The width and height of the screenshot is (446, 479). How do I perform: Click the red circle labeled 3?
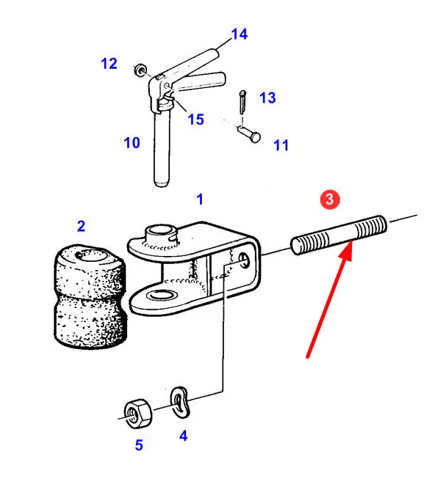(330, 200)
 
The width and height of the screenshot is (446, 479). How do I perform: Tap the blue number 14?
(240, 34)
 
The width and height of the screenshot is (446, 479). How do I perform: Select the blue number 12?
(109, 64)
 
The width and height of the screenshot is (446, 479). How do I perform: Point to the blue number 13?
(267, 98)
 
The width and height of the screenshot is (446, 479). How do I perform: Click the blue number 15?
(195, 120)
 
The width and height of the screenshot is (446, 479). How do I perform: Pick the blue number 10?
(132, 142)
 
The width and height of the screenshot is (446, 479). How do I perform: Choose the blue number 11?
(281, 145)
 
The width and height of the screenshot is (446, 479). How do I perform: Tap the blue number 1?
(200, 200)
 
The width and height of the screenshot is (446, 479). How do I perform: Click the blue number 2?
(81, 226)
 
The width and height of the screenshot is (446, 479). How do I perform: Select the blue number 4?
(183, 436)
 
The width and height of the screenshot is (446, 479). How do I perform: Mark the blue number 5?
(139, 445)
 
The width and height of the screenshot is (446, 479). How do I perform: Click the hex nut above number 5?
(138, 413)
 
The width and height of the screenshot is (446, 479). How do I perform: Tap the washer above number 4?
(179, 402)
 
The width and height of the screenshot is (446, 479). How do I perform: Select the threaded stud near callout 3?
(339, 235)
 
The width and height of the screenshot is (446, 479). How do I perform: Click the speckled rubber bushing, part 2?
(90, 296)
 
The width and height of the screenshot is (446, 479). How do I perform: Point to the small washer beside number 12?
(140, 70)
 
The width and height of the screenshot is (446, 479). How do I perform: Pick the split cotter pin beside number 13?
(242, 101)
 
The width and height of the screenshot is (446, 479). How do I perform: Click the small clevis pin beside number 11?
(249, 134)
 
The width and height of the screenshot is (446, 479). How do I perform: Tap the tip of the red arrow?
(351, 241)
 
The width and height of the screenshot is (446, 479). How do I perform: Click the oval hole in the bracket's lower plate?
(162, 295)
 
